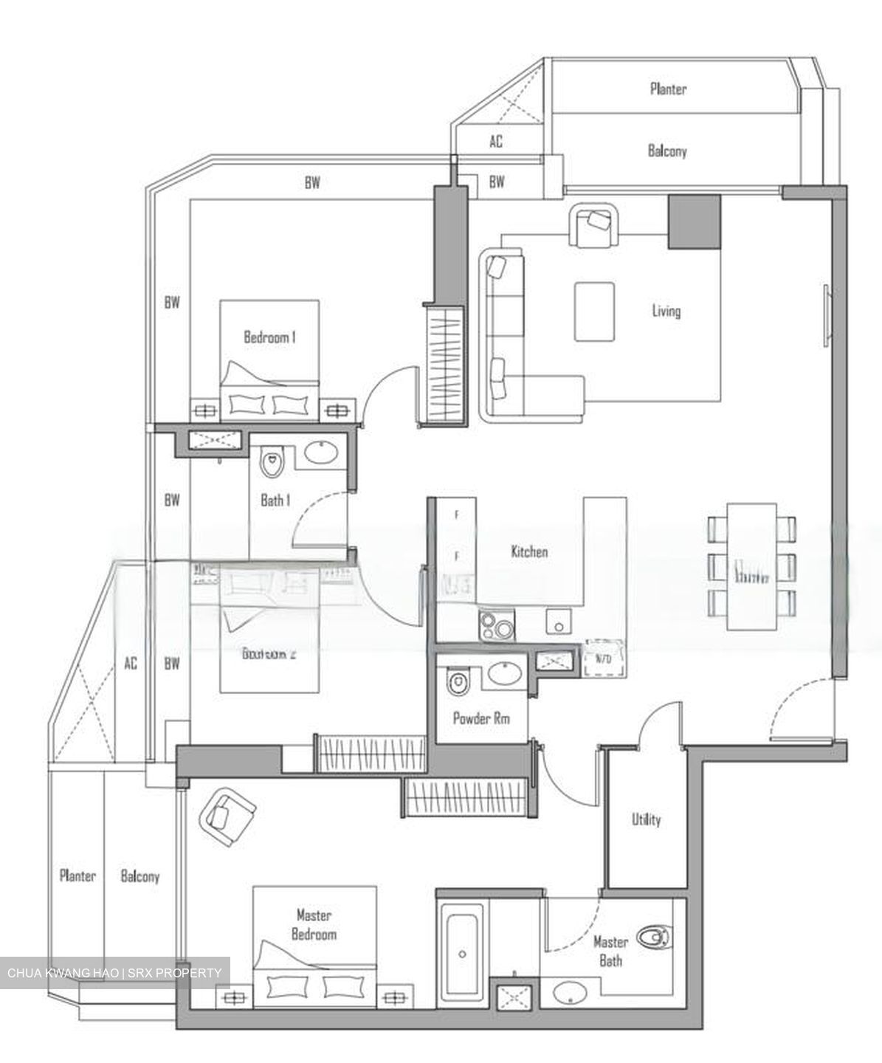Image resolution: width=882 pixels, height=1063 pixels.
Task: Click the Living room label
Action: point(666,311)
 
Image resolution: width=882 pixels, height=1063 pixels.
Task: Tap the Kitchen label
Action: point(529,551)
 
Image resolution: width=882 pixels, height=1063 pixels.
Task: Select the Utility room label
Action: point(646,819)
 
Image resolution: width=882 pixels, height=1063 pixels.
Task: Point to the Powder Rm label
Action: point(481,718)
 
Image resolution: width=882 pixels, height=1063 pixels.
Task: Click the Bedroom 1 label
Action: point(269,337)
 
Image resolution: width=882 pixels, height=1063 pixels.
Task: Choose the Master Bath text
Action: point(610,951)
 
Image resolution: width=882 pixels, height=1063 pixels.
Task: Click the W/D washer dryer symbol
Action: point(604,658)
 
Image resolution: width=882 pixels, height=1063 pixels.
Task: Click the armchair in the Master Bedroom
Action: point(226,816)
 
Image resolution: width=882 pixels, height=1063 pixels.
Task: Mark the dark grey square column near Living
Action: point(694,221)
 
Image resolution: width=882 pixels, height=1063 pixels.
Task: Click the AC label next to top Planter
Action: point(496,141)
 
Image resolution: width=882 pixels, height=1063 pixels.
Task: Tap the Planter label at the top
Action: point(668,89)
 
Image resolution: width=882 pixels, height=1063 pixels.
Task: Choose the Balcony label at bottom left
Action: point(139,876)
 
